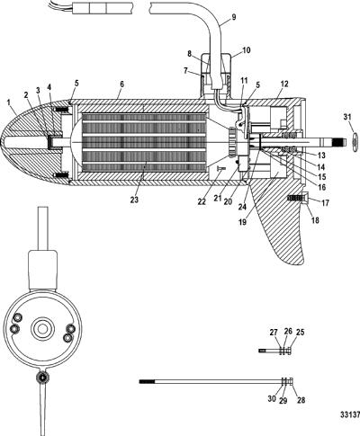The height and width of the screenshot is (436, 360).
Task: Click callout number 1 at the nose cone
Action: coord(9,102)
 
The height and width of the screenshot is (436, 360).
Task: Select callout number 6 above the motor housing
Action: coord(121,85)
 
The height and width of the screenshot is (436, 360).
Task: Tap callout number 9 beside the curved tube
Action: coord(234,17)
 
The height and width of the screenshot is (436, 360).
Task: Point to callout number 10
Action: coord(247,50)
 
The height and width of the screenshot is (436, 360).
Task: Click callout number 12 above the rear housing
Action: coord(284,85)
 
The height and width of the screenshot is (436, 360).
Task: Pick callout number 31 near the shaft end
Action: coord(347,117)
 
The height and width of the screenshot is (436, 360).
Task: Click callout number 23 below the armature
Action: coord(134,200)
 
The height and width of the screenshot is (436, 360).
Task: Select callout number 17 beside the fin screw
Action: coord(325,203)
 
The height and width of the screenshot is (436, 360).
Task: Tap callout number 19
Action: coord(242,222)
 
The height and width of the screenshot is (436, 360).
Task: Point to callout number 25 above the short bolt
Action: coord(301,332)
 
